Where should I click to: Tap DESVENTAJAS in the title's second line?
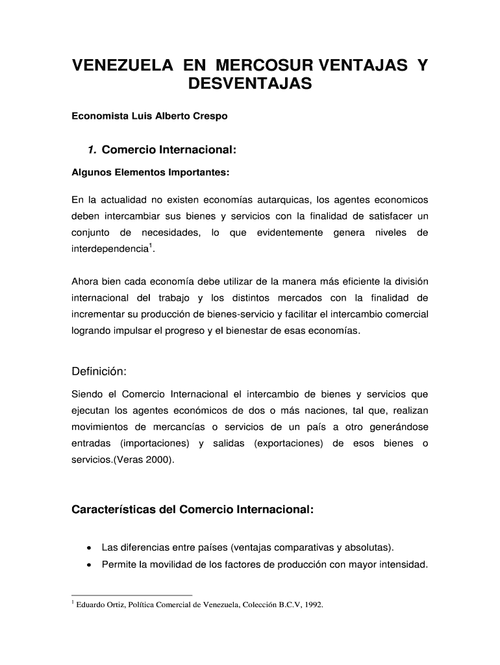point(250,84)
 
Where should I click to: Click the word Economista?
point(97,117)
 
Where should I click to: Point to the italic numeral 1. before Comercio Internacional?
point(93,151)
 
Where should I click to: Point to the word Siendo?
point(86,394)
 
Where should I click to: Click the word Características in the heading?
point(113,510)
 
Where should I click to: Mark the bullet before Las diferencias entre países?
point(87,547)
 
